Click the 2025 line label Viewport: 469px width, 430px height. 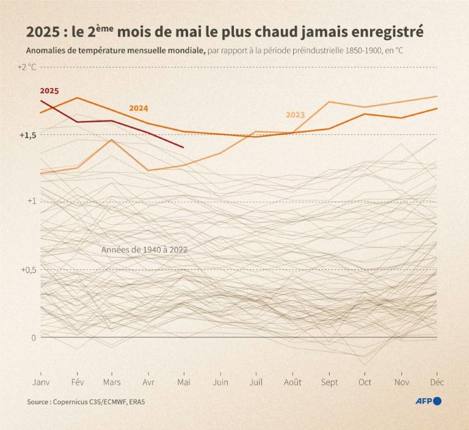click(49, 90)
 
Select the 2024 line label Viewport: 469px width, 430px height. click(138, 108)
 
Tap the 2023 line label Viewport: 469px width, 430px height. click(295, 115)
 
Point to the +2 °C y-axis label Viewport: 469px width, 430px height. click(27, 67)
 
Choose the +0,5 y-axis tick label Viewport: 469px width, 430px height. click(28, 269)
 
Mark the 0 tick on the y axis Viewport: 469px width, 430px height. click(34, 337)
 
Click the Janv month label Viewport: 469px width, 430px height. click(40, 382)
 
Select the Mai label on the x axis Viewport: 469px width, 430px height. click(184, 382)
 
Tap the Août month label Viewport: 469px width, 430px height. click(293, 382)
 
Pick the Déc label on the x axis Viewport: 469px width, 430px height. click(437, 382)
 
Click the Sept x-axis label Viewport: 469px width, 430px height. click(329, 382)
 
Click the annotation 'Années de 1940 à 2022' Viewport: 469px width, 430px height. click(144, 250)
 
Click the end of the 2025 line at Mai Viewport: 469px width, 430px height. click(184, 147)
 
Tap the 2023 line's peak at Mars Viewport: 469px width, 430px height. click(112, 140)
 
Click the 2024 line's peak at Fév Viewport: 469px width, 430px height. click(77, 98)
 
